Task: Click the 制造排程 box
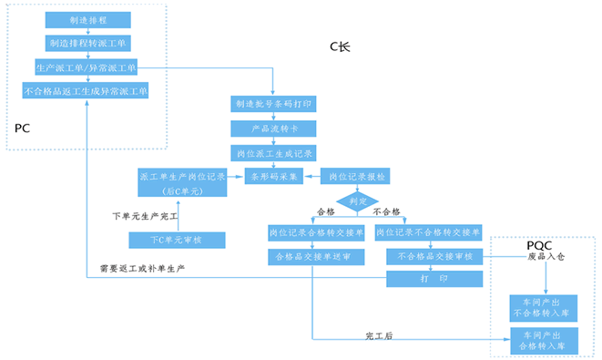(86, 19)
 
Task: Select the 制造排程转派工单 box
(86, 43)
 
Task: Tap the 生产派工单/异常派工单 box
(86, 67)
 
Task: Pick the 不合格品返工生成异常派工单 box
(86, 91)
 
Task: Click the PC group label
(23, 129)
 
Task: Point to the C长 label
(339, 47)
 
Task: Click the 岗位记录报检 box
(356, 176)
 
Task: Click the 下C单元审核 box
(176, 240)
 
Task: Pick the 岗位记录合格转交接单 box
(316, 233)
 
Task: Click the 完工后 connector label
(378, 336)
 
